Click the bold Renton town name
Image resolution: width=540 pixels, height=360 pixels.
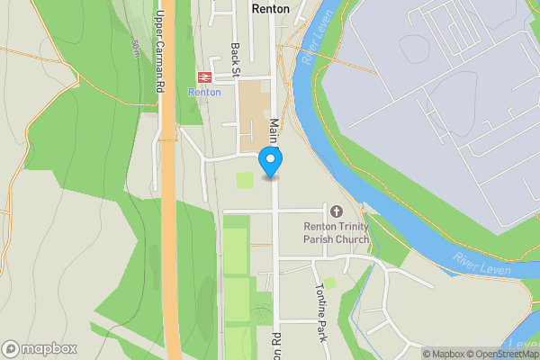[271, 9]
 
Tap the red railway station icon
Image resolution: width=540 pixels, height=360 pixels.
[204, 76]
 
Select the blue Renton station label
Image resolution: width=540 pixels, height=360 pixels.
[204, 92]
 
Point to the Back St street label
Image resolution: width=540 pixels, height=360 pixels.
[236, 58]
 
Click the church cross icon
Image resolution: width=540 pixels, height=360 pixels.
[337, 210]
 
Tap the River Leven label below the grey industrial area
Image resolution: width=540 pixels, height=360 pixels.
[482, 264]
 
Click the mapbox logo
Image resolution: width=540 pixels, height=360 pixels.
[39, 348]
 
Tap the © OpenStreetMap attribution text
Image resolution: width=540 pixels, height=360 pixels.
[508, 354]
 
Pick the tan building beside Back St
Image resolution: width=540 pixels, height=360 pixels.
[255, 115]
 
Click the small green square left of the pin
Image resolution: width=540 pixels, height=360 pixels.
[244, 181]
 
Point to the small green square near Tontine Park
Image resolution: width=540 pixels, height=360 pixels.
[330, 283]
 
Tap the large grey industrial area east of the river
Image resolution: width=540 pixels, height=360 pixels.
[423, 99]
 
